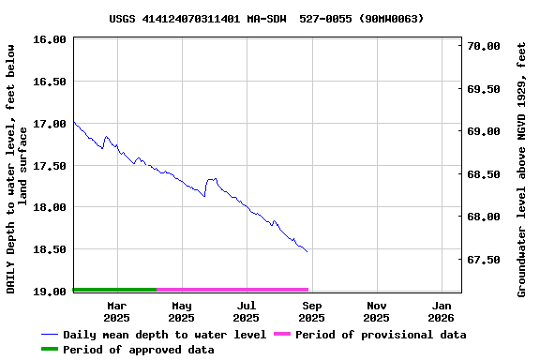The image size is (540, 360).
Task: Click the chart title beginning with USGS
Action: tap(266, 18)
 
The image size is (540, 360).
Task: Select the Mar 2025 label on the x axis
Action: tap(117, 311)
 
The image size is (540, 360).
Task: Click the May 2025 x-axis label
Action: tap(182, 311)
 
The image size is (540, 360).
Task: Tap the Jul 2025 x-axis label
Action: tap(247, 311)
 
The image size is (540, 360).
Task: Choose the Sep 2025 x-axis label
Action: tap(312, 311)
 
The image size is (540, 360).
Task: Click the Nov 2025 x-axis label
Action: tap(377, 311)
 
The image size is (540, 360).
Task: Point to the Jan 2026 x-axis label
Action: tap(442, 311)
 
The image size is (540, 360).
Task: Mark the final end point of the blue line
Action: tap(307, 252)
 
